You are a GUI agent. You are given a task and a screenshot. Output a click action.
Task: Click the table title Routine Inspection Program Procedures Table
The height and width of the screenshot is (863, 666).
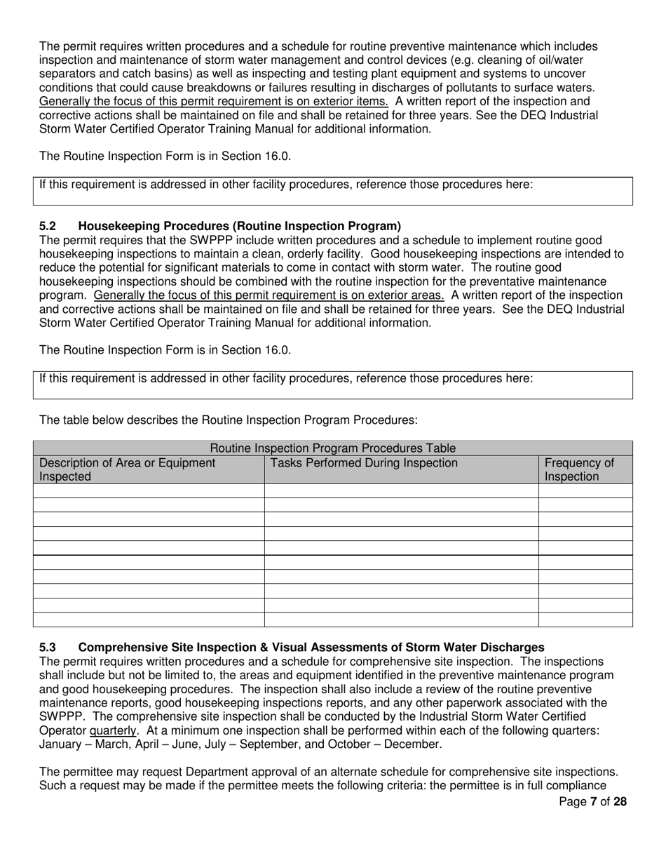pos(333,448)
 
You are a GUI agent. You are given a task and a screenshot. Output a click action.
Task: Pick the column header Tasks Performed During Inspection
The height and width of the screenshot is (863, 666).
pos(364,463)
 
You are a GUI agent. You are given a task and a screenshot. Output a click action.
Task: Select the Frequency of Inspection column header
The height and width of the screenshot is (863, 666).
pos(579,470)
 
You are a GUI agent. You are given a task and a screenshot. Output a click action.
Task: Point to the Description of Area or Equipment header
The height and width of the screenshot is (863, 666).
pos(127,469)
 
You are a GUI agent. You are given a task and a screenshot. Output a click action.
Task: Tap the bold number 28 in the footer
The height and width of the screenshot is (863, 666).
pos(620,802)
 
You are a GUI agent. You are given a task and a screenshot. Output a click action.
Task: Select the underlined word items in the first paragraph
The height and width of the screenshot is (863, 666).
pos(372,101)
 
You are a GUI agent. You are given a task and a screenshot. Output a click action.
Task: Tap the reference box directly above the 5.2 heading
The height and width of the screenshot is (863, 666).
pos(333,191)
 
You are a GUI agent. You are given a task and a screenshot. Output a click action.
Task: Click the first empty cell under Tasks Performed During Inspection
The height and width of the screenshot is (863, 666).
pos(401,491)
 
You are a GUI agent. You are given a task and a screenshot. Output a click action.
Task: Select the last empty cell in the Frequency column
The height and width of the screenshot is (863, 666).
pos(585,620)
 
